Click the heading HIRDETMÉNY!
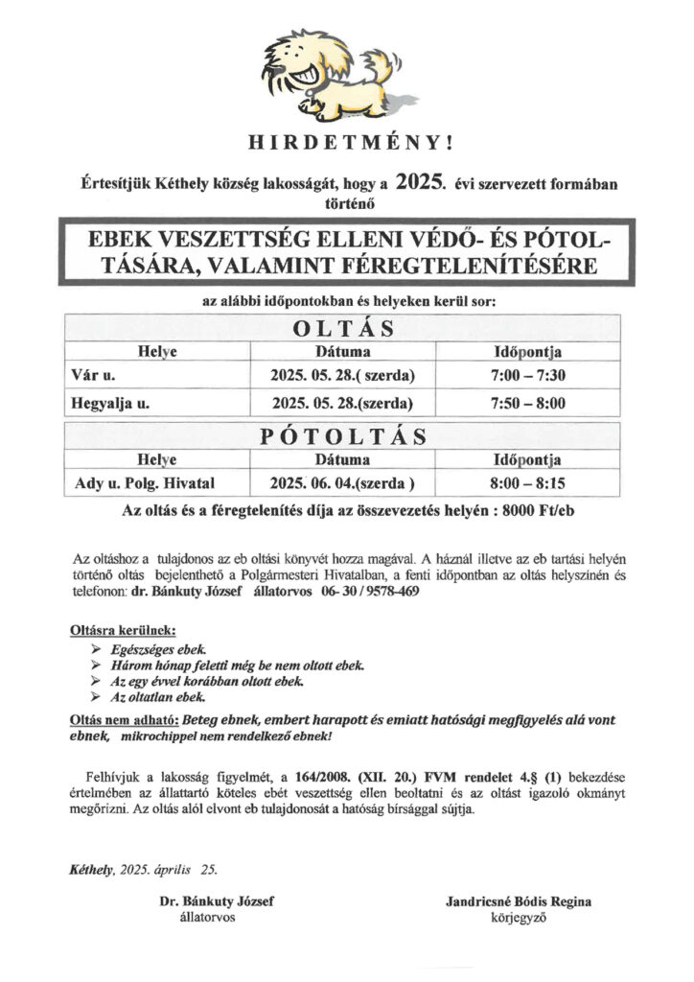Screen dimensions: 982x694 point(347,143)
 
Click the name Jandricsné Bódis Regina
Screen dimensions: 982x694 point(518,902)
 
